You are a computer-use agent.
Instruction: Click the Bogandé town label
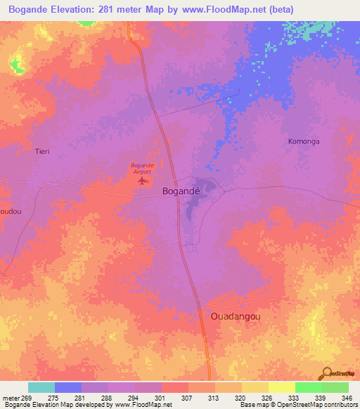(181, 190)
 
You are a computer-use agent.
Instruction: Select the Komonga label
(304, 141)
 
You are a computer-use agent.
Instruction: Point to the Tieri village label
(42, 151)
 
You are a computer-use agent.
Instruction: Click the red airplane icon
(143, 181)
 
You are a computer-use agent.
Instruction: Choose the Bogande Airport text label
(143, 168)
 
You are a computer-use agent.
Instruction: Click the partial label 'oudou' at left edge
(10, 211)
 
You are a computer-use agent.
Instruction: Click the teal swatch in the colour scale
(41, 387)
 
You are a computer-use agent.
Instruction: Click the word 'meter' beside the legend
(11, 398)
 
